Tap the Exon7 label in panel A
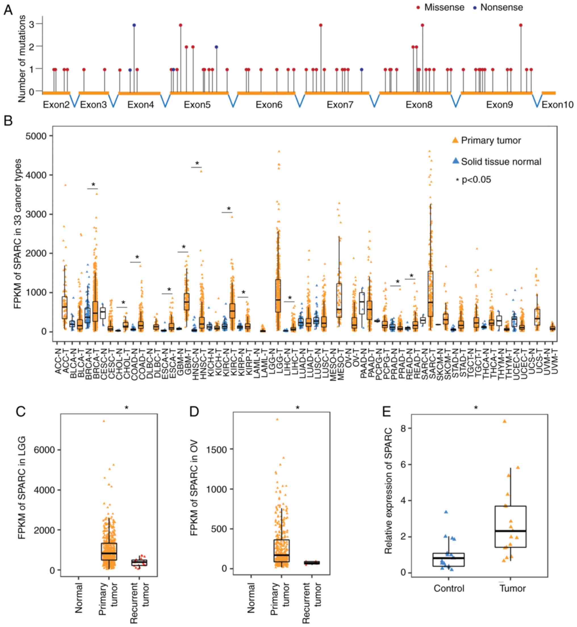tap(340, 105)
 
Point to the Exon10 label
tap(557, 105)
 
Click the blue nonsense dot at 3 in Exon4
tap(134, 25)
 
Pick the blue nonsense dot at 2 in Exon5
tap(216, 47)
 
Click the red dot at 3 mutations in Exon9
tap(520, 25)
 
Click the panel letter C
tap(21, 412)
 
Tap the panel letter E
tap(386, 412)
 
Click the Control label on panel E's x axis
tap(449, 588)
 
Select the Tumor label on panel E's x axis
tap(513, 588)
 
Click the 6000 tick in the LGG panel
tap(44, 450)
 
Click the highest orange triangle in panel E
tap(504, 421)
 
